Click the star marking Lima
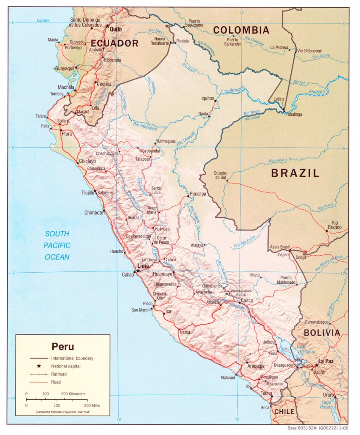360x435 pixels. [137, 271]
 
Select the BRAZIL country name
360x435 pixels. [295, 173]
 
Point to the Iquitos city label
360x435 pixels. [208, 98]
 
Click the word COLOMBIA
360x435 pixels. [241, 30]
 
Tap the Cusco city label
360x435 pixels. [247, 300]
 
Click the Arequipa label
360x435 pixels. [255, 366]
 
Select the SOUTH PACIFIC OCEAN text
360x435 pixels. [57, 246]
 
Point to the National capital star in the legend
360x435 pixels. [39, 366]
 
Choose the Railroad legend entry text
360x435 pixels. [59, 374]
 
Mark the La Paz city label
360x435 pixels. [326, 361]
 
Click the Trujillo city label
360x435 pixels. [87, 192]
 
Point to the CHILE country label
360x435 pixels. [284, 412]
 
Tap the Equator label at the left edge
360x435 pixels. [43, 20]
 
